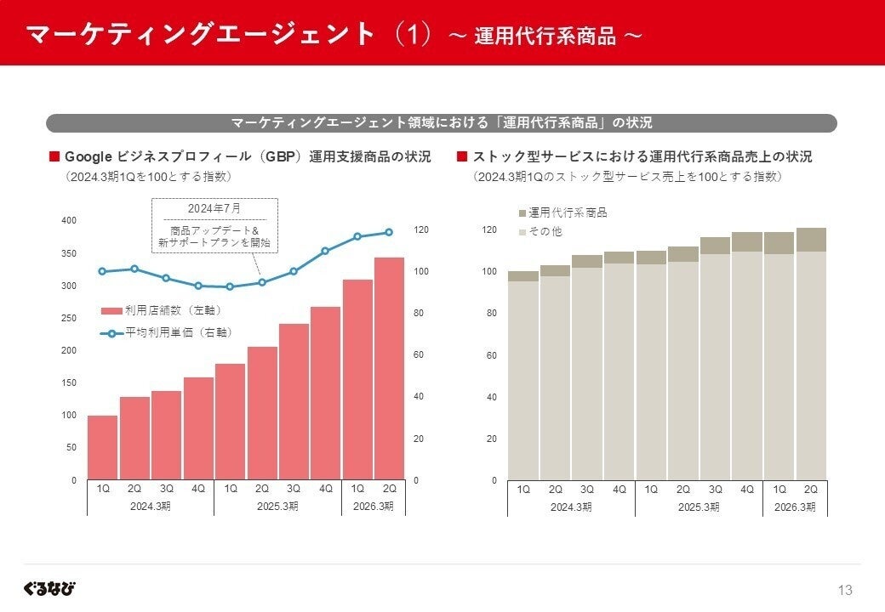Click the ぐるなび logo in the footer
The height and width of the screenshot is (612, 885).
pyautogui.click(x=49, y=588)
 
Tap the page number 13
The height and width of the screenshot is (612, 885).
pyautogui.click(x=845, y=590)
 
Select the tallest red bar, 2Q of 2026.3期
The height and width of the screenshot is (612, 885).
pyautogui.click(x=390, y=369)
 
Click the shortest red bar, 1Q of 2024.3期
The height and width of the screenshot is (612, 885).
pyautogui.click(x=102, y=447)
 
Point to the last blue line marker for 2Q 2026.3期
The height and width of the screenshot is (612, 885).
pyautogui.click(x=390, y=232)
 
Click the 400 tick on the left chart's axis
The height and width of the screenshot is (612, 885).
pyautogui.click(x=68, y=220)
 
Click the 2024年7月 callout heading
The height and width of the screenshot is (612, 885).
pyautogui.click(x=214, y=208)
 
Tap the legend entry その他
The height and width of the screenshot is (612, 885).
pyautogui.click(x=545, y=231)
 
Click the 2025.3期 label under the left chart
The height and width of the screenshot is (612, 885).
pyautogui.click(x=277, y=507)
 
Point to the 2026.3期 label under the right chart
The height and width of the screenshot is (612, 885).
pyautogui.click(x=795, y=507)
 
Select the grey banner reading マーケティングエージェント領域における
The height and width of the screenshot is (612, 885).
pyautogui.click(x=441, y=123)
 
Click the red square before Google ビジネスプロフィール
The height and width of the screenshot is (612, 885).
pyautogui.click(x=54, y=157)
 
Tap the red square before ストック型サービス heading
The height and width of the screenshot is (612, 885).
pyautogui.click(x=462, y=157)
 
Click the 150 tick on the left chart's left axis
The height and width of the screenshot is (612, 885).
pyautogui.click(x=68, y=382)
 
